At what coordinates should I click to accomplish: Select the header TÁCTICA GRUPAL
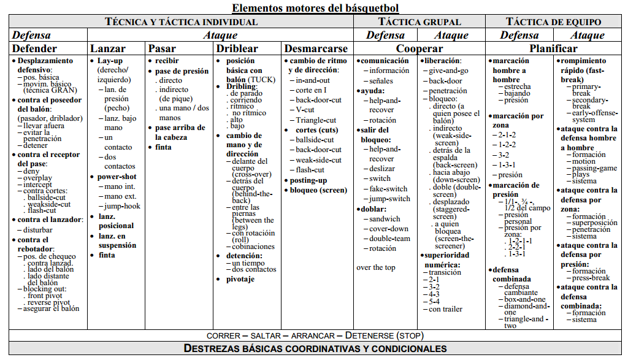[x=419, y=21]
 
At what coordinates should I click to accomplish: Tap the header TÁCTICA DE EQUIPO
[x=553, y=21]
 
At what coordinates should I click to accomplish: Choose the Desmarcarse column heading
[x=317, y=48]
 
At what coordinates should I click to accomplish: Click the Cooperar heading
[x=419, y=48]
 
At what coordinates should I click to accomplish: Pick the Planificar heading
[x=553, y=48]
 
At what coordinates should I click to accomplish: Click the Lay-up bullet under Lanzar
[x=110, y=61]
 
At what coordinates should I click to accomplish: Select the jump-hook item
[x=122, y=206]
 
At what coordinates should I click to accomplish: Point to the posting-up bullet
[x=308, y=180]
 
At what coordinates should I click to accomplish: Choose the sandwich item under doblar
[x=385, y=219]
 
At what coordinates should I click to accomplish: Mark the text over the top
[x=376, y=267]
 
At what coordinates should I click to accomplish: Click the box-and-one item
[x=524, y=299]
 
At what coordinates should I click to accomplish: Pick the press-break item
[x=591, y=278]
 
